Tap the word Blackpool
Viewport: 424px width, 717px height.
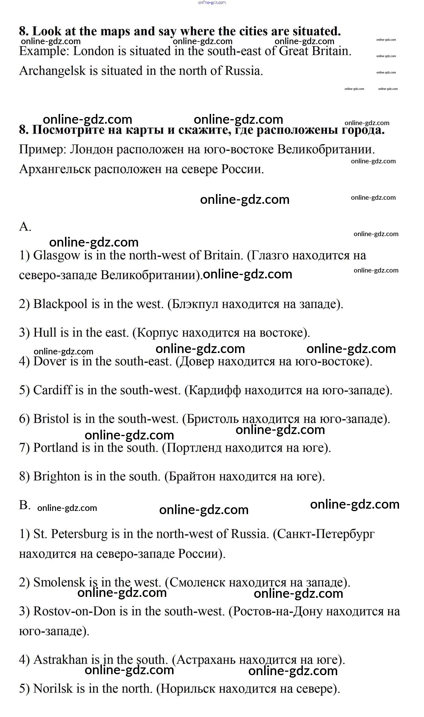pos(60,304)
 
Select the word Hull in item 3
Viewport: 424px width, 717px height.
pos(45,333)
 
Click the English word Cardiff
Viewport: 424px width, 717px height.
pos(52,390)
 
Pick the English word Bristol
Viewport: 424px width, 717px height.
pos(51,419)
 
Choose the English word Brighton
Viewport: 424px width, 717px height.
pos(57,476)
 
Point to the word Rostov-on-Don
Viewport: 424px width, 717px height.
pos(75,611)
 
